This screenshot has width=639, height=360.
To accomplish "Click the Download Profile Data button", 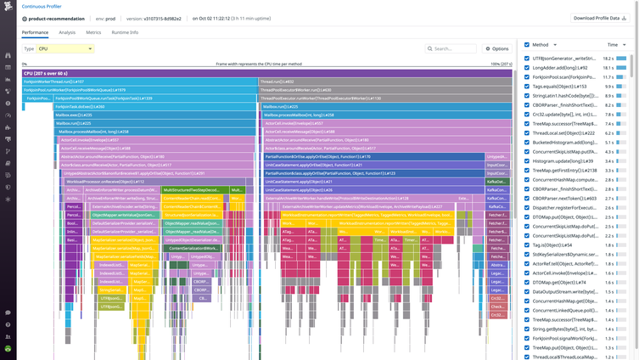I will point(600,18).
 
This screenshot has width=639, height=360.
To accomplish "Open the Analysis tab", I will point(67,32).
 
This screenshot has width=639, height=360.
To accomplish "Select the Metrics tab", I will point(93,32).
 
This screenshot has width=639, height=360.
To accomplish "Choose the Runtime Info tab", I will point(125,32).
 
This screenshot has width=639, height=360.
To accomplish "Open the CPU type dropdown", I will point(65,48).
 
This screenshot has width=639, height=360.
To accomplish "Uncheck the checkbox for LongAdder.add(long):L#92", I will point(527,68).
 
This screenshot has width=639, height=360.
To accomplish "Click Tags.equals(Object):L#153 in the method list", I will point(559,86).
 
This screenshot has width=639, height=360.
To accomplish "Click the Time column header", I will point(613,45).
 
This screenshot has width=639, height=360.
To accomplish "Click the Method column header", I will point(541,45).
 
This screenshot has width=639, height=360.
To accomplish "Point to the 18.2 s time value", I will point(608,59).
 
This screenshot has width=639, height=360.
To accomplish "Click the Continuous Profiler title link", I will point(42,6).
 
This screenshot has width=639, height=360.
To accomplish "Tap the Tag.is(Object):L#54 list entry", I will point(552,245).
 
